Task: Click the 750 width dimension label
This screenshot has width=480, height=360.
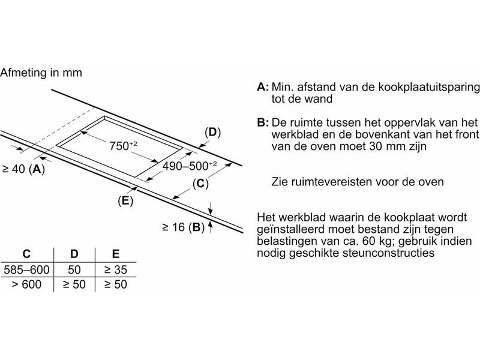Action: coord(124,146)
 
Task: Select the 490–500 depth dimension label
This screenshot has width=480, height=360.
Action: coord(190,166)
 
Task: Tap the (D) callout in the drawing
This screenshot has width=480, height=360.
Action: coord(212,132)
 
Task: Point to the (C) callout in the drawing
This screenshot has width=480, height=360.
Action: coord(200,184)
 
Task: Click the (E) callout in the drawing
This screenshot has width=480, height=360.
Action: coord(125,200)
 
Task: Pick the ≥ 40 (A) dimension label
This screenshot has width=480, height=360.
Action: coord(23,169)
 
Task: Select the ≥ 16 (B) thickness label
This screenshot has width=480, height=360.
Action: coord(183,227)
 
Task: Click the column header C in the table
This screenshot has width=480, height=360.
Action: coord(26,254)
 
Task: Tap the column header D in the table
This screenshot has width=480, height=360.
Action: coord(74,254)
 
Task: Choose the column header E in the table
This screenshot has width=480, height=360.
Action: coord(115,254)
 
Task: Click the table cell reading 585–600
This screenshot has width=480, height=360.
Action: coord(26,269)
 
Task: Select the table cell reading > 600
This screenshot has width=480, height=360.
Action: coord(26,284)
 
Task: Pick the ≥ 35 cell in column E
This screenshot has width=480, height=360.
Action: coord(115,269)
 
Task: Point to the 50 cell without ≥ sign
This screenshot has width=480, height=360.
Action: coord(74,269)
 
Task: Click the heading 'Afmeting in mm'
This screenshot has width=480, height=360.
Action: coord(41,73)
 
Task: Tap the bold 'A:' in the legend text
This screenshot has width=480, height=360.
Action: coord(263,87)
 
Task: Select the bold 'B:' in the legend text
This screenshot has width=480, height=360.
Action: coord(263,122)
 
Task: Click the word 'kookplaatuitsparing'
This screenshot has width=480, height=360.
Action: coord(429,87)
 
